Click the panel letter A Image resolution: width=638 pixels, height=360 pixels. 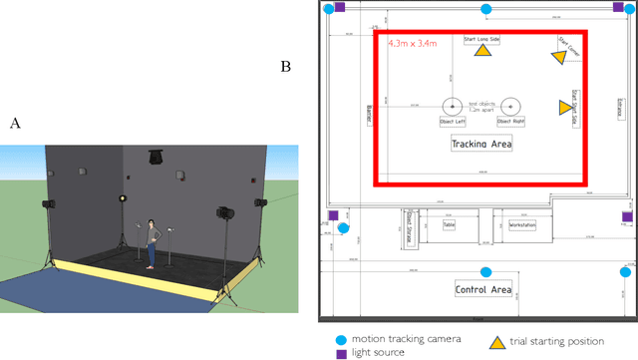(14, 123)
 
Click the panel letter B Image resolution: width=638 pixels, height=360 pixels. (286, 67)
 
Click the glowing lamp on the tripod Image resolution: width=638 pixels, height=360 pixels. (125, 200)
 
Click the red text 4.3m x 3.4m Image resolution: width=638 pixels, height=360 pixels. (412, 44)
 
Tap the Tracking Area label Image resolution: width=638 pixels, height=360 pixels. (481, 144)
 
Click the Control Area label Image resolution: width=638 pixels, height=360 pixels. (482, 290)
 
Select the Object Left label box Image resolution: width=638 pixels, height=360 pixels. (454, 122)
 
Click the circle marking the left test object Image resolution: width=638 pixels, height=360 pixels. (453, 105)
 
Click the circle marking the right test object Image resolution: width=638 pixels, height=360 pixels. (510, 105)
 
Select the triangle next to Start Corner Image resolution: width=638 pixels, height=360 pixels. (558, 57)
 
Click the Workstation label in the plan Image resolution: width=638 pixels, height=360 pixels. (521, 225)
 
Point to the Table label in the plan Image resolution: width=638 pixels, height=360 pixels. (450, 225)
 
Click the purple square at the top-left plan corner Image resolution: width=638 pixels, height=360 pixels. (338, 7)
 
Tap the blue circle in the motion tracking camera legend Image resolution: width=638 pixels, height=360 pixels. (342, 339)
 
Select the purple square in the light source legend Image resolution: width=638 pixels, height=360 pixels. (342, 353)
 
